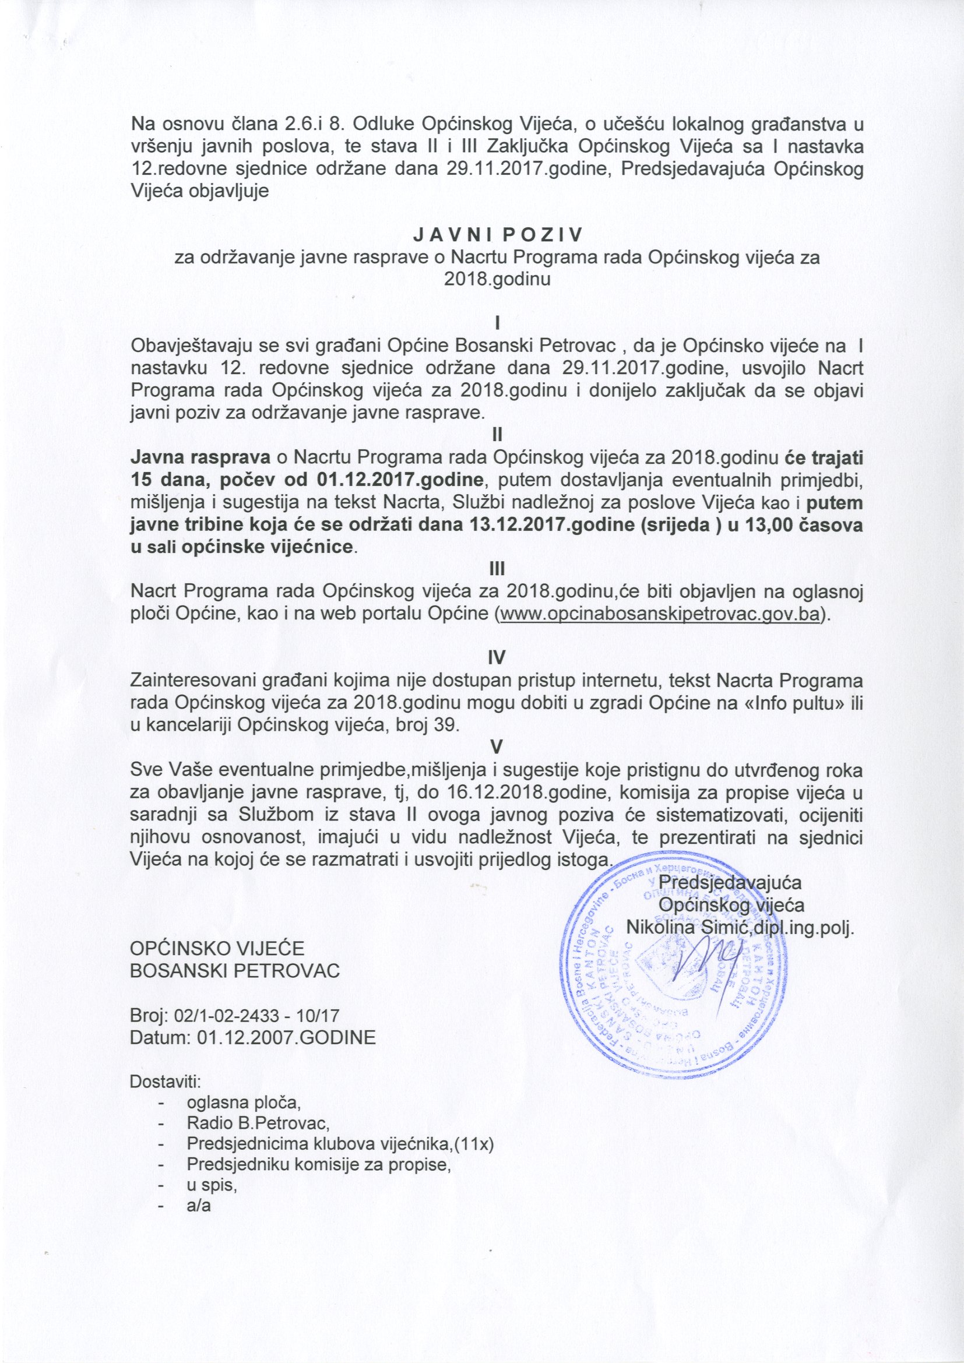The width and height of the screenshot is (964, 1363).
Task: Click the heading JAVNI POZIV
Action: coord(497,235)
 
